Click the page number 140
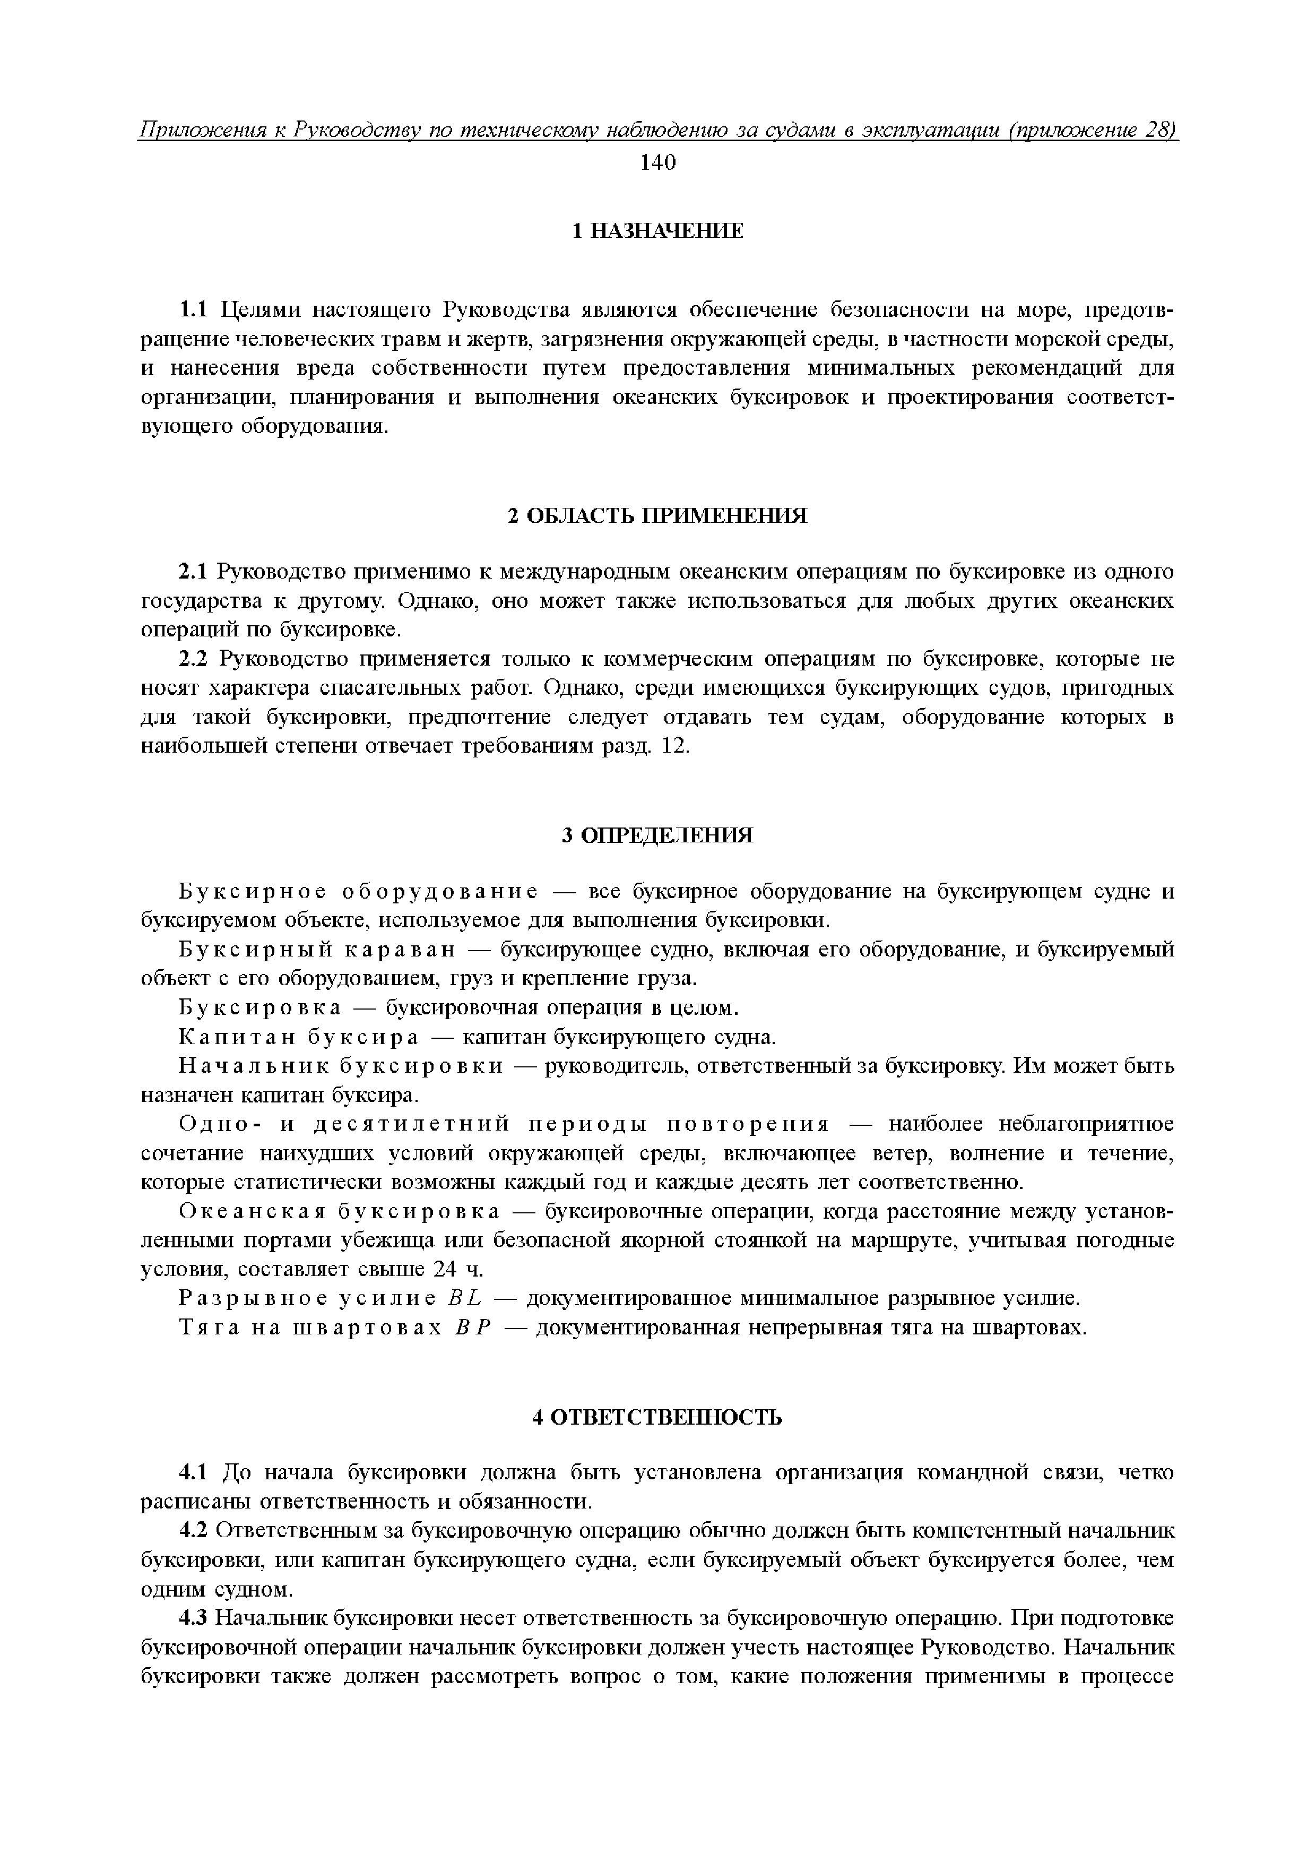(x=657, y=163)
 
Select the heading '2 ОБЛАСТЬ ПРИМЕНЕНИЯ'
(x=657, y=516)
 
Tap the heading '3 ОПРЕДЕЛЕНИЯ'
(x=657, y=836)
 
